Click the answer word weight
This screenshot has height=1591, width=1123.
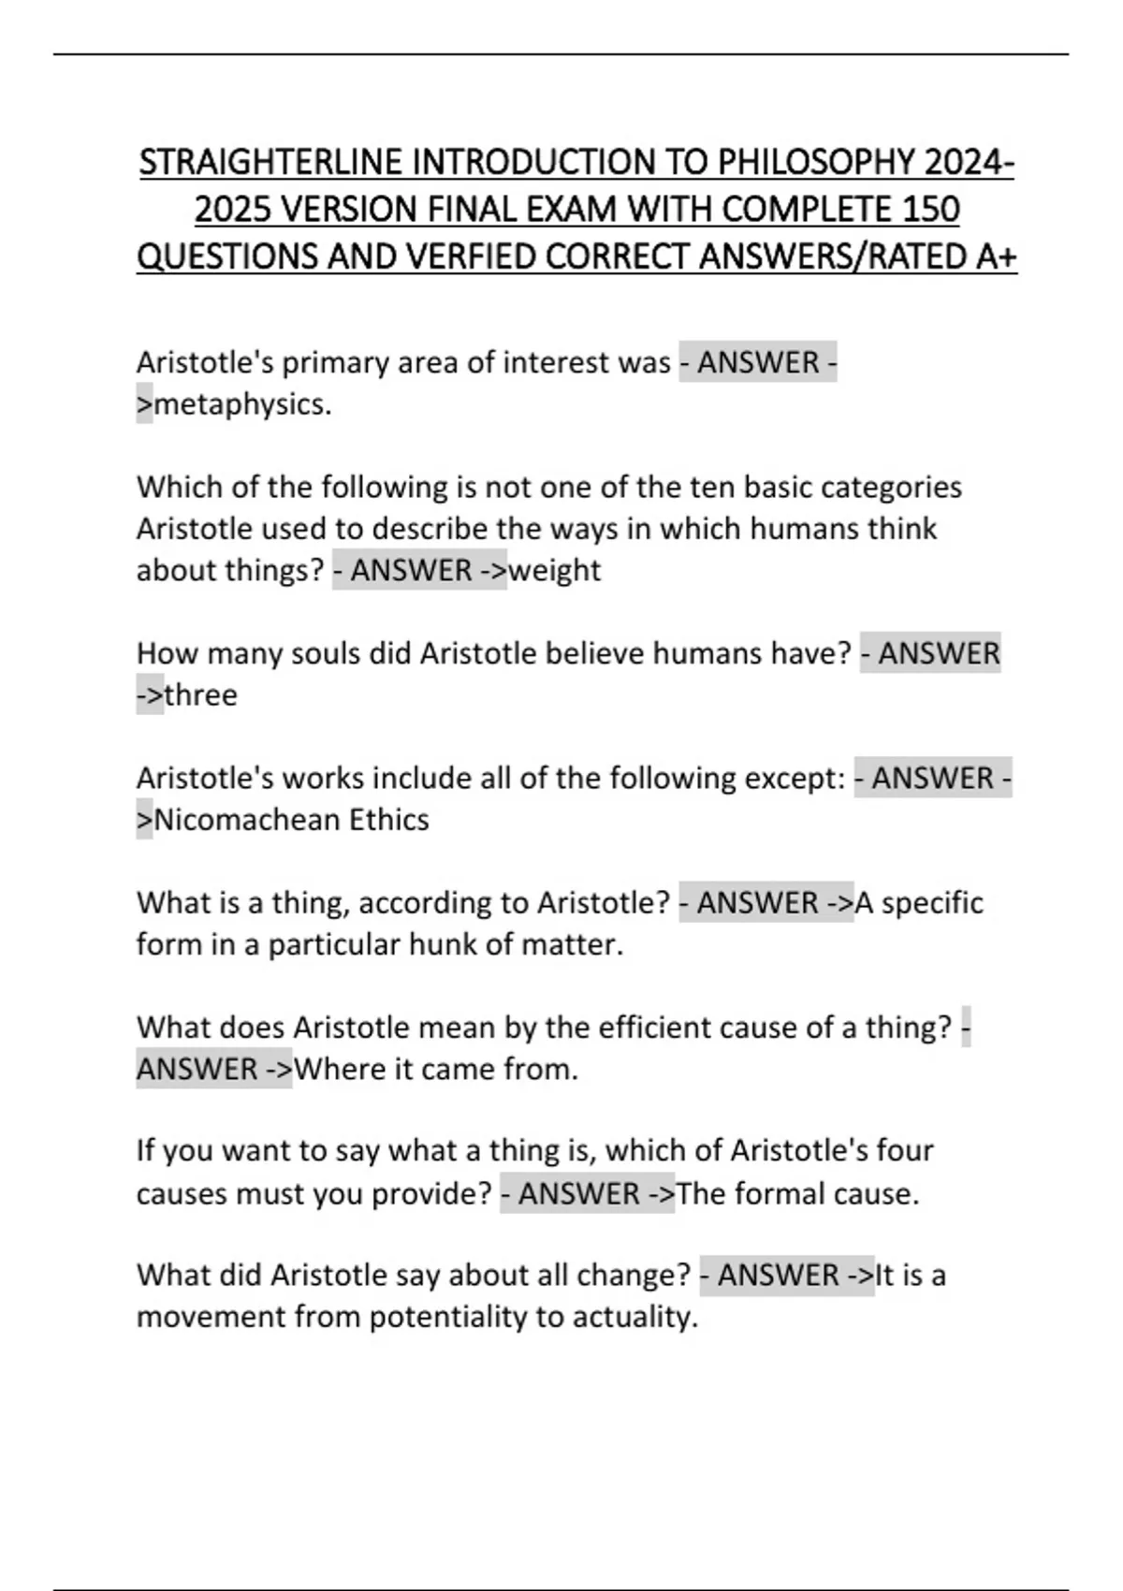coord(554,570)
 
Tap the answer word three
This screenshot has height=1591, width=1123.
coord(200,695)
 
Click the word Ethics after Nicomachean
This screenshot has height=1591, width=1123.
coord(388,820)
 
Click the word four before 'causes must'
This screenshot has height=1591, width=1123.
coord(904,1150)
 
